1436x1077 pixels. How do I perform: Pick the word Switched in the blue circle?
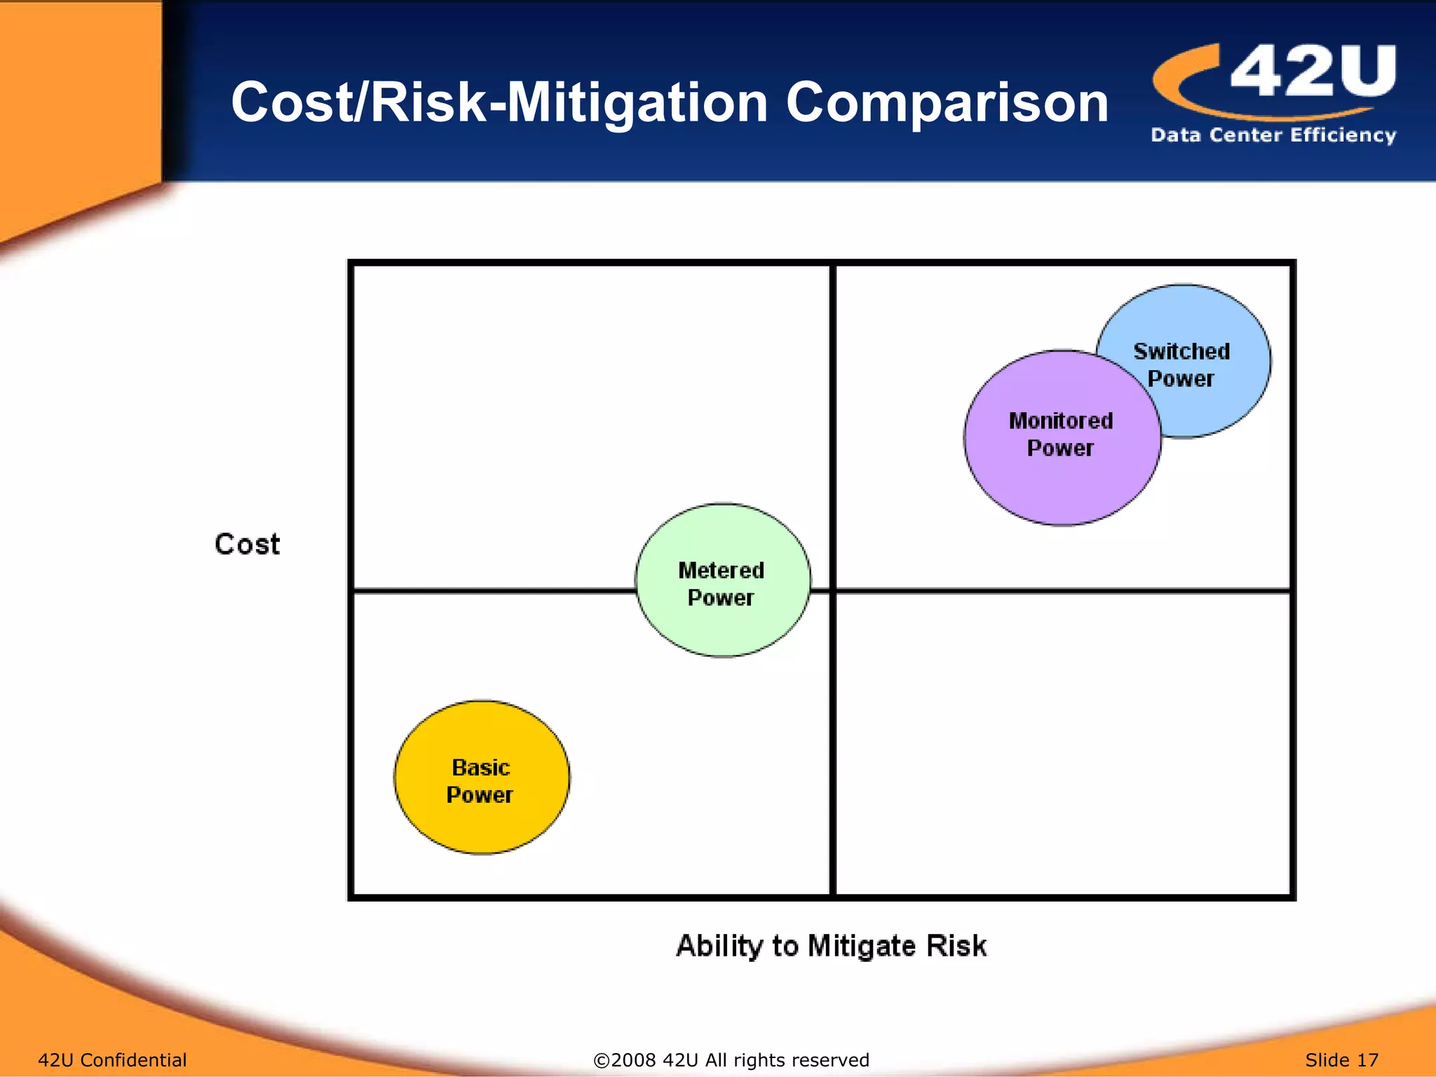(1182, 351)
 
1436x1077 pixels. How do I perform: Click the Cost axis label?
(247, 545)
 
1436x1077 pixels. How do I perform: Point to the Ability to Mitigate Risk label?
(831, 946)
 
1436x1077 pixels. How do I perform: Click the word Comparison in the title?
(947, 103)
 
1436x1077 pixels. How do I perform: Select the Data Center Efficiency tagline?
(1273, 135)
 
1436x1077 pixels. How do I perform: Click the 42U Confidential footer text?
(112, 1060)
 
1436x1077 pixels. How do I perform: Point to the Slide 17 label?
(1341, 1060)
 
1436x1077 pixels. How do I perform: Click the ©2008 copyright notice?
(731, 1060)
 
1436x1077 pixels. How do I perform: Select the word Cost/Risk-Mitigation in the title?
(499, 103)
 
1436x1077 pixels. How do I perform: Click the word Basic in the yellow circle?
(481, 768)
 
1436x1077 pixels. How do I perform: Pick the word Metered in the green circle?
(722, 571)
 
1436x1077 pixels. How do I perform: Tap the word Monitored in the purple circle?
(1061, 421)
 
